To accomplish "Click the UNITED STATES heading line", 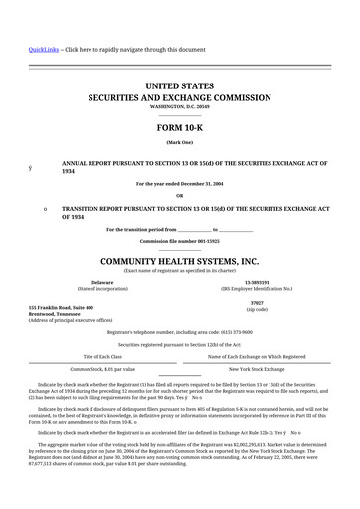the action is (x=180, y=87).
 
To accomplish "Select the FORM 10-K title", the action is (x=180, y=129).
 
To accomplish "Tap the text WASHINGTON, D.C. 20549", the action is (x=180, y=108).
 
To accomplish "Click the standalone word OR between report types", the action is (x=180, y=194).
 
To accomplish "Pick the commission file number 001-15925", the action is (x=180, y=242).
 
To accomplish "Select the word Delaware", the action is (x=102, y=282).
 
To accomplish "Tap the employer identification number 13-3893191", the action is (x=257, y=282).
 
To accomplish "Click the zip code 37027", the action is (x=257, y=301).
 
